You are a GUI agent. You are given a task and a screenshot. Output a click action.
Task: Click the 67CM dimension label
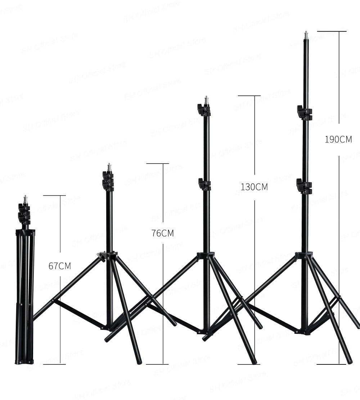(x=60, y=266)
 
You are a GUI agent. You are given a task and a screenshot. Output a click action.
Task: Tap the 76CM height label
(x=163, y=233)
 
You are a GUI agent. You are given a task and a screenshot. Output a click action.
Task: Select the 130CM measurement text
(x=254, y=187)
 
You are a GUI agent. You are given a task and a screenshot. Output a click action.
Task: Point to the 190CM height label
(x=338, y=140)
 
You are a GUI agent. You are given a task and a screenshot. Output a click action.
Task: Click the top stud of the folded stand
(x=25, y=199)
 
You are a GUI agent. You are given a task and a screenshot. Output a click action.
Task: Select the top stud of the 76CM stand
(x=109, y=167)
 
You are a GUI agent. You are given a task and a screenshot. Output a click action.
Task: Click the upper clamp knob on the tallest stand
(x=304, y=113)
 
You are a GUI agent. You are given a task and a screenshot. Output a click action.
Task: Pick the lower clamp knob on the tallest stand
(x=304, y=186)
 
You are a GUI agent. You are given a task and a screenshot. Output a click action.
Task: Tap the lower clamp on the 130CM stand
(x=204, y=184)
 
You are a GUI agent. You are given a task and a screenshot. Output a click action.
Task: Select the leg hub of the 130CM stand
(x=206, y=256)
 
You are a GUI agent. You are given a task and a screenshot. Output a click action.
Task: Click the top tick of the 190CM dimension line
(x=332, y=32)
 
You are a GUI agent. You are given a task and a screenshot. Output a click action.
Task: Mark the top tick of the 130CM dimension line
(x=249, y=96)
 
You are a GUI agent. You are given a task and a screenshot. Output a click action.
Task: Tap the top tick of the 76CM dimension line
(x=157, y=164)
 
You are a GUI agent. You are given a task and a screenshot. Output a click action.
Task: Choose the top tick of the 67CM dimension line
(x=54, y=196)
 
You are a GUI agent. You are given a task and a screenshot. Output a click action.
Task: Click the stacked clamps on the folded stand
(x=24, y=214)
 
